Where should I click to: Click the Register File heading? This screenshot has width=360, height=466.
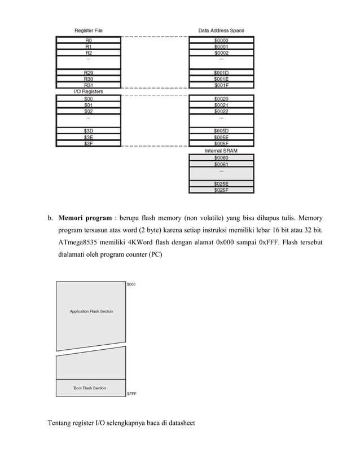pyautogui.click(x=89, y=30)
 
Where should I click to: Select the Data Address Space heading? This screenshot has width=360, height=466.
pyautogui.click(x=221, y=30)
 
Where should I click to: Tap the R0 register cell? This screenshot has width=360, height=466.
pyautogui.click(x=89, y=41)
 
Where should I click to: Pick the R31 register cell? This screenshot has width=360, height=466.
pyautogui.click(x=89, y=85)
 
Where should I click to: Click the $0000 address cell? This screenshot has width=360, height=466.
pyautogui.click(x=221, y=41)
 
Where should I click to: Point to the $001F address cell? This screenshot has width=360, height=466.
pyautogui.click(x=221, y=85)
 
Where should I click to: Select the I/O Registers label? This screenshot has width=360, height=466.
pyautogui.click(x=89, y=91)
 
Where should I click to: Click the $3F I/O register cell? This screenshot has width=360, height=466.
pyautogui.click(x=89, y=144)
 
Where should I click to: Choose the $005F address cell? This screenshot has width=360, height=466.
pyautogui.click(x=221, y=144)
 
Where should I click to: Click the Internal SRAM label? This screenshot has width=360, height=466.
pyautogui.click(x=221, y=151)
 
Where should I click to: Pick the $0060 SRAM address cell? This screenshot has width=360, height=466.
pyautogui.click(x=221, y=157)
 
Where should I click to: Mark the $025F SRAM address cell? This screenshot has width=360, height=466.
pyautogui.click(x=221, y=190)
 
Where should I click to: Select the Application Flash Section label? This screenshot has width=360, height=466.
pyautogui.click(x=91, y=311)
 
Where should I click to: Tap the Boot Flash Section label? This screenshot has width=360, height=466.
pyautogui.click(x=90, y=388)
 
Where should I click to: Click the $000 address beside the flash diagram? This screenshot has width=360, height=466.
pyautogui.click(x=131, y=284)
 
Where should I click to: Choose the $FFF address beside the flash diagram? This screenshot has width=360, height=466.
pyautogui.click(x=131, y=394)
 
